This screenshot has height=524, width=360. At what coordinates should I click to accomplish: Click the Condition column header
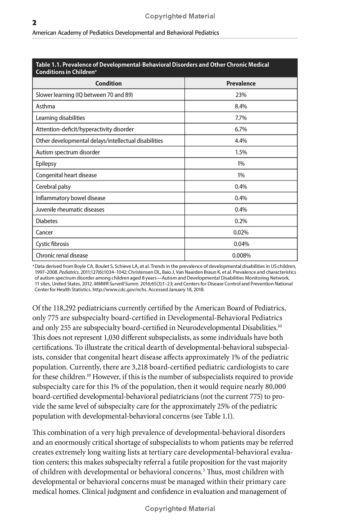108,83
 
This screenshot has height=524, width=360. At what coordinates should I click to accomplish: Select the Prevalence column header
241,83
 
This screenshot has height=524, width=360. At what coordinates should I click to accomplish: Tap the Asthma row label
45,106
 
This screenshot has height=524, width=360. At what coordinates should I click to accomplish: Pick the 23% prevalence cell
241,95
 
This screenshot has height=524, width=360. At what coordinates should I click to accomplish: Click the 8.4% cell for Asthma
241,106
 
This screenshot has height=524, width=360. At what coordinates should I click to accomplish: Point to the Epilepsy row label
46,164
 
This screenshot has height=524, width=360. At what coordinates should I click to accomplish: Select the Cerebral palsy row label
53,187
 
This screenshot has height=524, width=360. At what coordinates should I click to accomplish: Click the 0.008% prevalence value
241,256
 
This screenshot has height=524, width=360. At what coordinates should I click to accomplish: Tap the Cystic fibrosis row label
53,244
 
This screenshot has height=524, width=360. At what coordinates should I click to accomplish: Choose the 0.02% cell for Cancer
241,233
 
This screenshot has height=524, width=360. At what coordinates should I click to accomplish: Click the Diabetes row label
47,221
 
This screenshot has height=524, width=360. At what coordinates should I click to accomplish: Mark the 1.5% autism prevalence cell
241,152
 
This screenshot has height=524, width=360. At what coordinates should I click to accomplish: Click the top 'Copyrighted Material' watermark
180,16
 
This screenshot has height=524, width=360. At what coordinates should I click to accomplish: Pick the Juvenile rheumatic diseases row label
70,210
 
